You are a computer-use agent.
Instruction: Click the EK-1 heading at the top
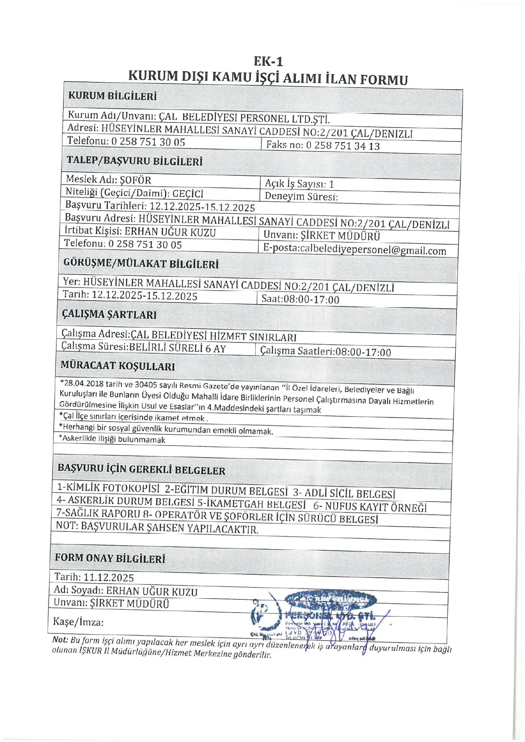click(x=268, y=61)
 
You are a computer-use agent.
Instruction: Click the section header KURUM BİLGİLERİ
click(x=112, y=96)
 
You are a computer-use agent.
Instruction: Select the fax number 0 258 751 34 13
click(x=343, y=146)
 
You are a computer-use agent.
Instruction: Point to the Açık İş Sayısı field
click(x=299, y=184)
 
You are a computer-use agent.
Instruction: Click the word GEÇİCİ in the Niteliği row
click(x=188, y=194)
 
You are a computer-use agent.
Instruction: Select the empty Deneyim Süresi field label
click(x=301, y=196)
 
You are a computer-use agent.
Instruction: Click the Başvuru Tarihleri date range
click(x=202, y=207)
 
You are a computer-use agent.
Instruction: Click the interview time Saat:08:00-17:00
click(x=300, y=300)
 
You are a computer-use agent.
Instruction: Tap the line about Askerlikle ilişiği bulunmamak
click(x=112, y=439)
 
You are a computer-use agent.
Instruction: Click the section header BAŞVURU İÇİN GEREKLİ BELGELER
click(x=141, y=470)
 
